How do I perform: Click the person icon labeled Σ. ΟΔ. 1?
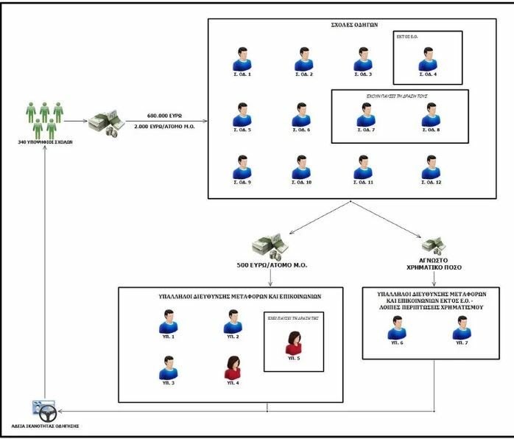[240, 58]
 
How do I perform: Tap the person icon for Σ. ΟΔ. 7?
[365, 114]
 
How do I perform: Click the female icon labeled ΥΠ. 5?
[292, 344]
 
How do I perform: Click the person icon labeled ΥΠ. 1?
[169, 322]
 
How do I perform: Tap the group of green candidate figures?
[46, 118]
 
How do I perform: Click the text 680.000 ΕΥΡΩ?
[165, 116]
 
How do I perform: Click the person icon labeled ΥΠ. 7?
[462, 329]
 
